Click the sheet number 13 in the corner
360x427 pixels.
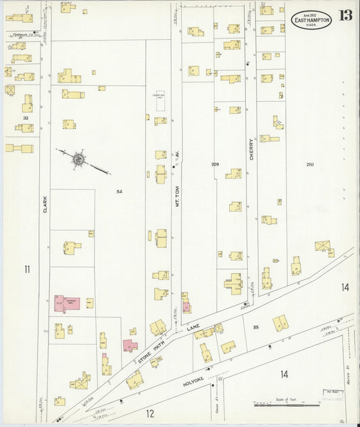[x=345, y=16]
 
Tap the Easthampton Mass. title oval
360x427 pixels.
[x=311, y=19]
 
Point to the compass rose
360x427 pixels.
[x=79, y=159]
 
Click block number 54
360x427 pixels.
[x=120, y=192]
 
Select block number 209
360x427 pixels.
[x=215, y=164]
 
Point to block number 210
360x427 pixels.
[x=310, y=165]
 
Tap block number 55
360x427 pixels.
[x=256, y=328]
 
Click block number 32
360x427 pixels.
[x=26, y=118]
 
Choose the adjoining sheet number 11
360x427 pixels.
[x=27, y=270]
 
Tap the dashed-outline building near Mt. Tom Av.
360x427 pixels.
[x=161, y=98]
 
